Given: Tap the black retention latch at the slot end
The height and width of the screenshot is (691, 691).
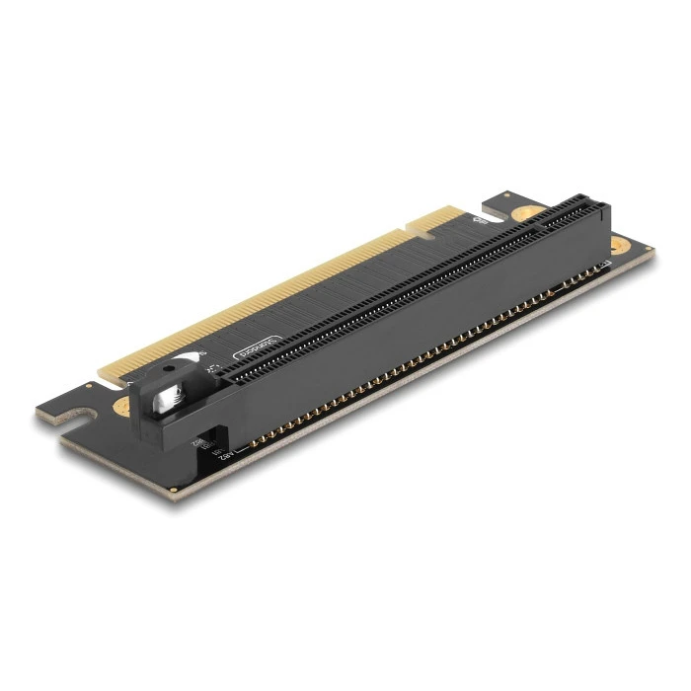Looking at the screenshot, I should pos(178,401).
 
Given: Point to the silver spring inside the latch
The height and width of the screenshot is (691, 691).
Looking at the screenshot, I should pos(171,395).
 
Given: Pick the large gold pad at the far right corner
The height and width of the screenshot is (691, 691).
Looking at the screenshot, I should pos(619,245).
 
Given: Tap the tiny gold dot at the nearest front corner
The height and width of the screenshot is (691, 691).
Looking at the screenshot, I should pos(174,489).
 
